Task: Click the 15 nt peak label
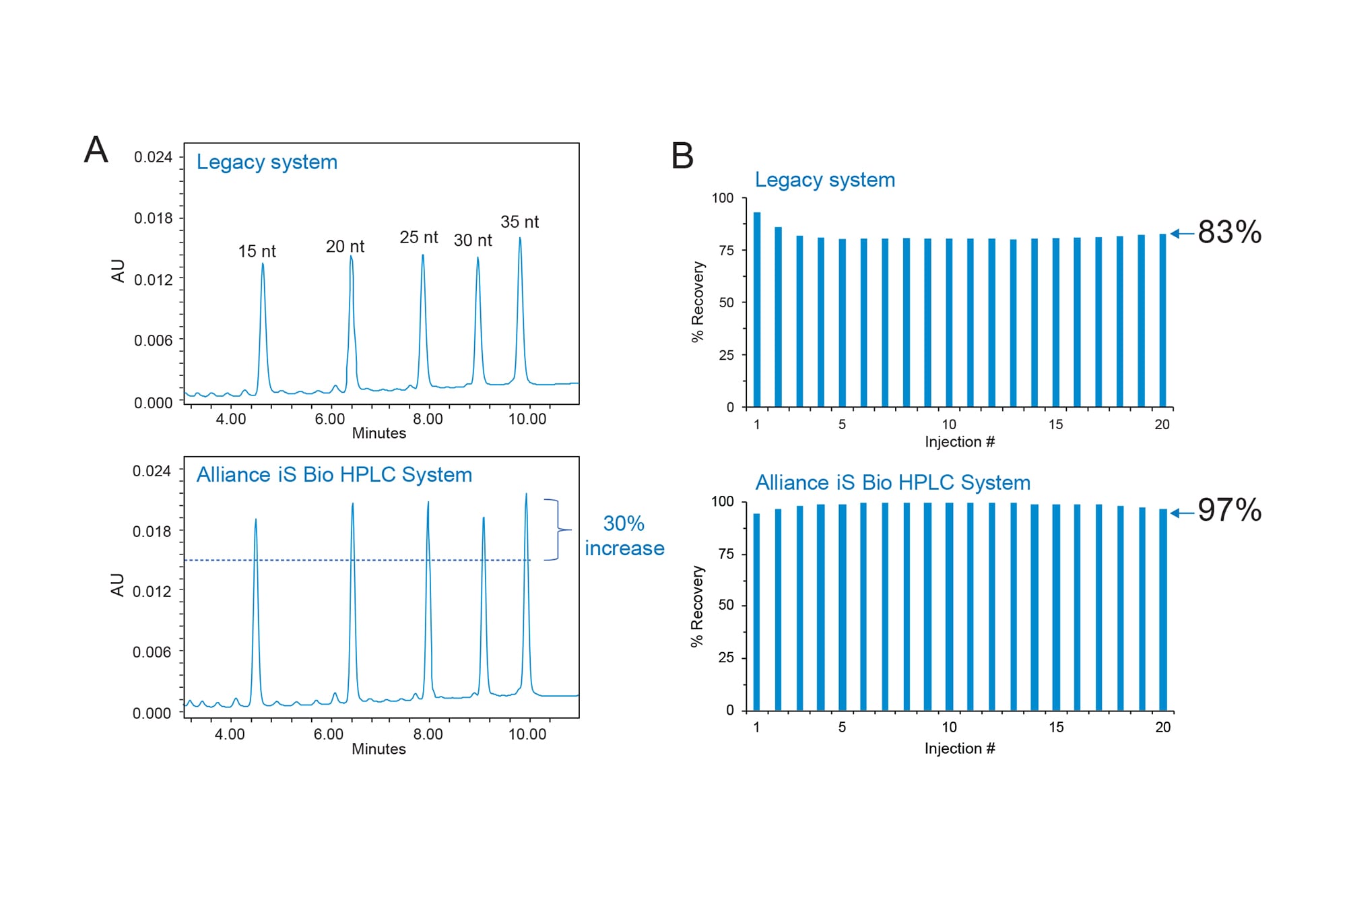[257, 251]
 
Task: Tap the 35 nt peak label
[519, 222]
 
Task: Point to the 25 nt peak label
[418, 237]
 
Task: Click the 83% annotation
[1229, 232]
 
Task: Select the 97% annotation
[1229, 510]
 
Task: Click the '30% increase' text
[624, 536]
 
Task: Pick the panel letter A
[96, 150]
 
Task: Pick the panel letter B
[682, 156]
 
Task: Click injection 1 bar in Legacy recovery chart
[757, 310]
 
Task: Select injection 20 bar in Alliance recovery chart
[1163, 610]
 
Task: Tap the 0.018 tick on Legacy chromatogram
[153, 218]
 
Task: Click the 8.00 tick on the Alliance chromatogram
[428, 734]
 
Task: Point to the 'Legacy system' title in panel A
[267, 162]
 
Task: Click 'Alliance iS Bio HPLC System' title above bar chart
[892, 482]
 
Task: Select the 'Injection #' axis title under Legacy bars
[959, 442]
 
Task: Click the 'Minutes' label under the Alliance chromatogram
[379, 749]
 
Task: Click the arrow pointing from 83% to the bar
[1182, 234]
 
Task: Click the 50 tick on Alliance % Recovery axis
[726, 605]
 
